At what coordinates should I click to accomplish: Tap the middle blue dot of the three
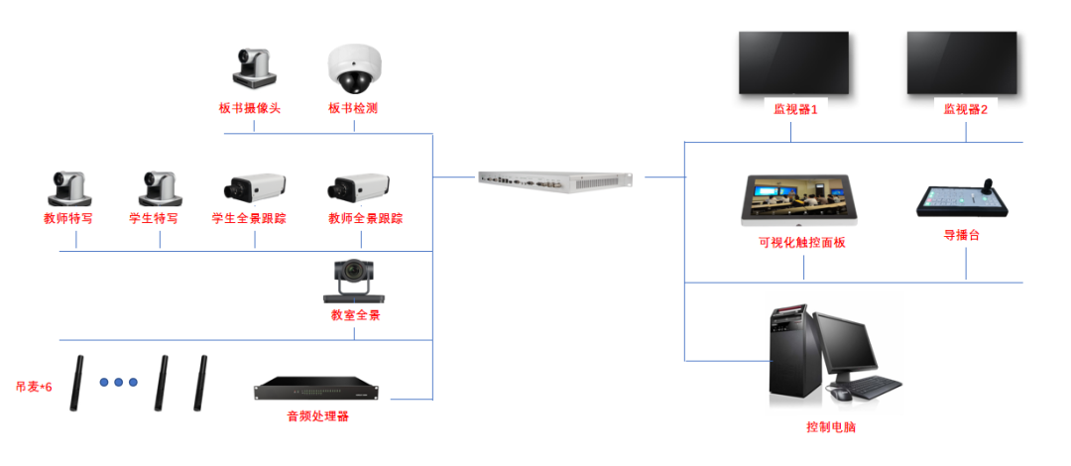118,382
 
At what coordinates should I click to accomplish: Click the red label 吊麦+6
34,387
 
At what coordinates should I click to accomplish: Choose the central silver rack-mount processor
554,179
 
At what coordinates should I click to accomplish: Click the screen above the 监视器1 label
793,63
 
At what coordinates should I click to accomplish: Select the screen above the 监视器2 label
962,63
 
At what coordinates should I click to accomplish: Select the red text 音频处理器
318,416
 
